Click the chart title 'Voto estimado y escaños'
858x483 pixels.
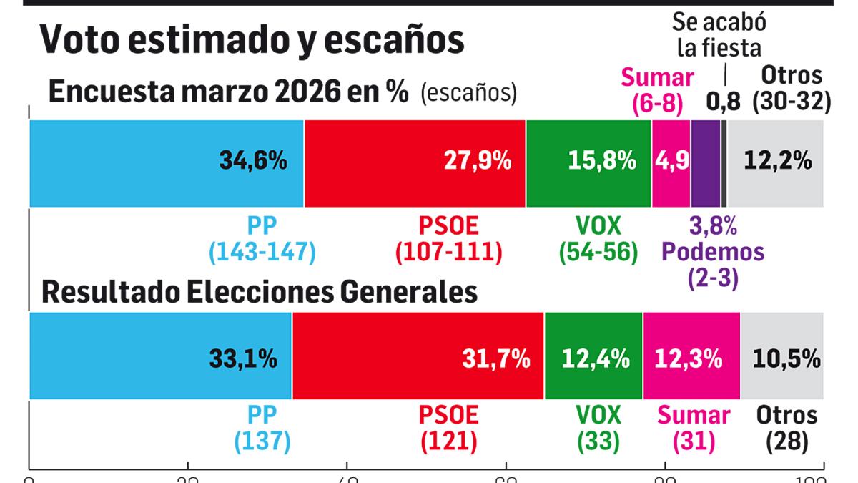[x=252, y=39]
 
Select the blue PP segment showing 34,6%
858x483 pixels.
[x=167, y=163]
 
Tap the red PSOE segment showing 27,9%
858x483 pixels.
[x=415, y=163]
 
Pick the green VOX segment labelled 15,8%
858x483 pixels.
[x=588, y=163]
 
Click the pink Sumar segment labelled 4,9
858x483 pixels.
[x=671, y=163]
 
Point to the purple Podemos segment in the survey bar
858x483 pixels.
[x=705, y=163]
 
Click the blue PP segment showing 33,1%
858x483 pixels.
[x=160, y=356]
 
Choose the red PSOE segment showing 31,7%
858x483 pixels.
[x=418, y=356]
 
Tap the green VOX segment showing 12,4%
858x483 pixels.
[x=593, y=356]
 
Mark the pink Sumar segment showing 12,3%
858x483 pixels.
[x=691, y=356]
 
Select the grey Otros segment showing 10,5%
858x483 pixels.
[x=782, y=356]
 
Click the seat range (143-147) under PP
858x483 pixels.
[x=262, y=251]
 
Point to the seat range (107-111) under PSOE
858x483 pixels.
[x=448, y=251]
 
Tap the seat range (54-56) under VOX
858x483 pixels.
[x=598, y=251]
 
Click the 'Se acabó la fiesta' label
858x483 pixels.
[x=719, y=35]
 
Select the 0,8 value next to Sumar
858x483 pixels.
[x=723, y=102]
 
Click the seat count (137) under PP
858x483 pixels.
[x=262, y=441]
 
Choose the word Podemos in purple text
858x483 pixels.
[x=713, y=251]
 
